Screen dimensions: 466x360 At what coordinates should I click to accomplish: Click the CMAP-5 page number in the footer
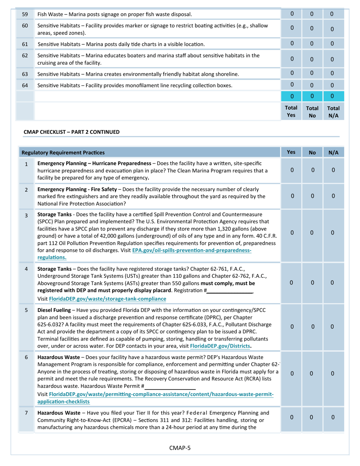[180, 448]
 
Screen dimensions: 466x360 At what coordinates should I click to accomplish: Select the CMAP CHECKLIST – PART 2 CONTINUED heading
[72, 132]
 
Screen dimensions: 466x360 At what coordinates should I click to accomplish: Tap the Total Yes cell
[291, 111]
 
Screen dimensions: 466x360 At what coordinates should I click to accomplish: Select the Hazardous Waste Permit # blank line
[170, 386]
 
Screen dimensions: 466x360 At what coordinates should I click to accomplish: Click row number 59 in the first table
[25, 14]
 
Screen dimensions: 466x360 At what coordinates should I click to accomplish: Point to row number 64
[25, 85]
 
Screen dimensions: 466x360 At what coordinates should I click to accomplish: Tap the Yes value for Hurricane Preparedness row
[292, 170]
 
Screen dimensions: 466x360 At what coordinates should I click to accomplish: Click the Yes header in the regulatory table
[291, 152]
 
